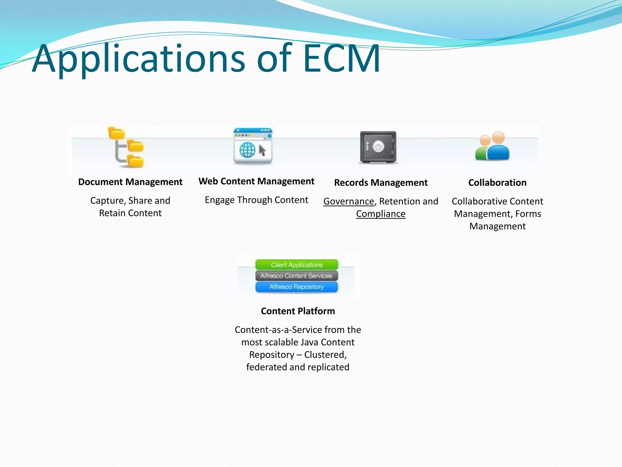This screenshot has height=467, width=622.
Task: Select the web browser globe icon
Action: pyautogui.click(x=253, y=147)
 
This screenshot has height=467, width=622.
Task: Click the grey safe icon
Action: pyautogui.click(x=378, y=147)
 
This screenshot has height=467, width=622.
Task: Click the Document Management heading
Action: pyautogui.click(x=130, y=182)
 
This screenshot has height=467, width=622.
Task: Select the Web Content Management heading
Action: pyautogui.click(x=256, y=181)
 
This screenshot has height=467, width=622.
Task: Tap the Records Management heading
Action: pyautogui.click(x=381, y=183)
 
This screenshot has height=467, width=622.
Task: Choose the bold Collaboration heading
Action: pyautogui.click(x=497, y=183)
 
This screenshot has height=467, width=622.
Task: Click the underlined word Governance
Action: pyautogui.click(x=349, y=201)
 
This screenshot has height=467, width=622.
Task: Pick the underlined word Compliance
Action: pyautogui.click(x=381, y=214)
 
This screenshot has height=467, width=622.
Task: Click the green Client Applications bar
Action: pyautogui.click(x=297, y=265)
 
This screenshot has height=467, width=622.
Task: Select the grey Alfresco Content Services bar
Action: pyautogui.click(x=296, y=276)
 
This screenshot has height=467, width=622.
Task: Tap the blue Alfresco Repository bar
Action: pyautogui.click(x=296, y=287)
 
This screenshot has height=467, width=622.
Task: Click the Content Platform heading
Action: pyautogui.click(x=298, y=311)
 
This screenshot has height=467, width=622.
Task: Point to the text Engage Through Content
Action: pyautogui.click(x=256, y=200)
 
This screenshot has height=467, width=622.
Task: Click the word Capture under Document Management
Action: pyautogui.click(x=108, y=201)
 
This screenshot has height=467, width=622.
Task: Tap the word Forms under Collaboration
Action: pyautogui.click(x=528, y=214)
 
